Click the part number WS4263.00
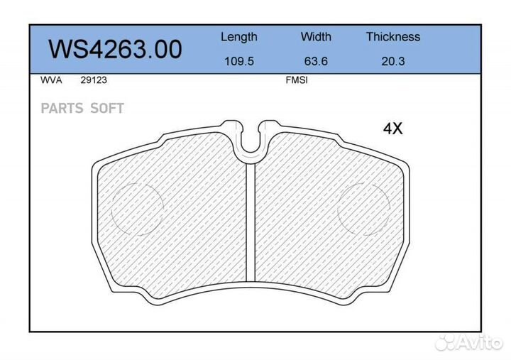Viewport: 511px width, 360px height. (116, 49)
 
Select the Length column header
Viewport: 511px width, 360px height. (239, 37)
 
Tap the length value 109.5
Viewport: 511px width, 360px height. (239, 61)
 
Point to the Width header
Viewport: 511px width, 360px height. (316, 36)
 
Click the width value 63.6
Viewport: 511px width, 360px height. (316, 61)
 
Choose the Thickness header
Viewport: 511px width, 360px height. (393, 36)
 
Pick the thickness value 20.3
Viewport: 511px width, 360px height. (393, 61)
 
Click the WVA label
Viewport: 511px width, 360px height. (51, 80)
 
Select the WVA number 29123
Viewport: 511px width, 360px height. (94, 80)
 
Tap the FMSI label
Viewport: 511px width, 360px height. (297, 80)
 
